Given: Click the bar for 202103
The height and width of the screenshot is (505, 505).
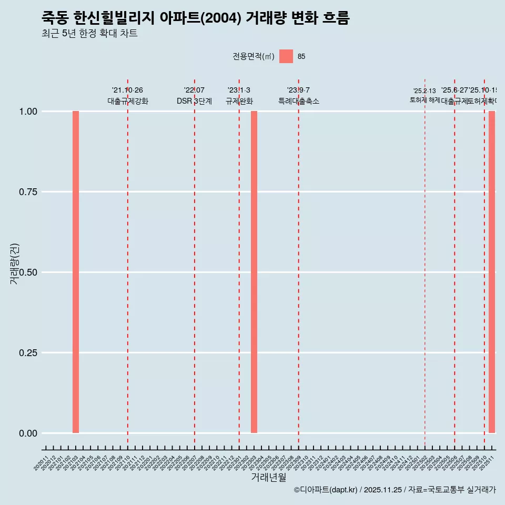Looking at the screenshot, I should (x=76, y=272).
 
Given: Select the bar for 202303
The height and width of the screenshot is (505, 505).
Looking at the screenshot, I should (x=254, y=272).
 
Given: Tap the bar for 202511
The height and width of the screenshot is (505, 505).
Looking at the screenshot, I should (x=492, y=272).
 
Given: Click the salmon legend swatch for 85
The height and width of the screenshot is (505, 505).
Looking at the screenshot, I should (x=286, y=56).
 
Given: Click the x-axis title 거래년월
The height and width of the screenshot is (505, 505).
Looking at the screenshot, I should (x=269, y=477).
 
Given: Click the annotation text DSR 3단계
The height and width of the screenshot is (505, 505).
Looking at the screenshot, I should (x=194, y=101).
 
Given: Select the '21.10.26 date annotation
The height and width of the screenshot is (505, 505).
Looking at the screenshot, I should (x=127, y=90).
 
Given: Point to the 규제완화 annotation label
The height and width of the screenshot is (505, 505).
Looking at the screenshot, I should (x=239, y=101).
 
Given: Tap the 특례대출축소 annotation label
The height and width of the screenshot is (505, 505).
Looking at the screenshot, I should (x=299, y=101).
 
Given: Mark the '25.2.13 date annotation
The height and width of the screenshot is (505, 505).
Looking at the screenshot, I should (x=425, y=91).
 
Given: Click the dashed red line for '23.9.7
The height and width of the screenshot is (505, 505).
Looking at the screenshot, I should (x=299, y=263).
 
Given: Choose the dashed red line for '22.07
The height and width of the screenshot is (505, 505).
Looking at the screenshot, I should (x=195, y=263).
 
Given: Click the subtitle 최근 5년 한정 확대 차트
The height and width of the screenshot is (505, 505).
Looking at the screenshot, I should (x=89, y=34).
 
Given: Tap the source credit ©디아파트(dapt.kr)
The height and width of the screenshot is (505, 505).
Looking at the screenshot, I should (x=326, y=490).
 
